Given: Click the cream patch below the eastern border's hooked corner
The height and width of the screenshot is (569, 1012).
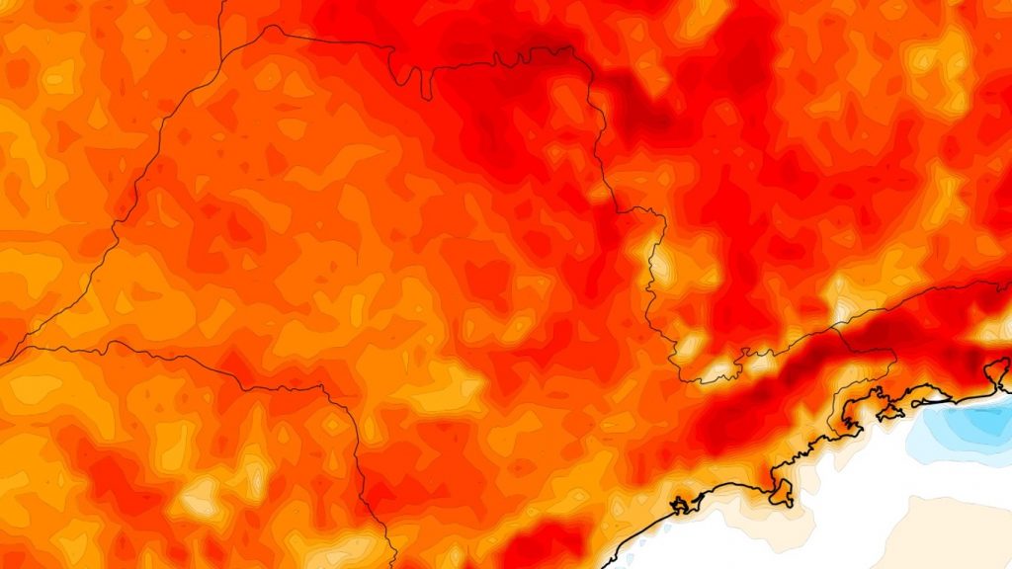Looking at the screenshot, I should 660,263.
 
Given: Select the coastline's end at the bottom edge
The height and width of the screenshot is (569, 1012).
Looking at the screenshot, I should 603,566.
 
